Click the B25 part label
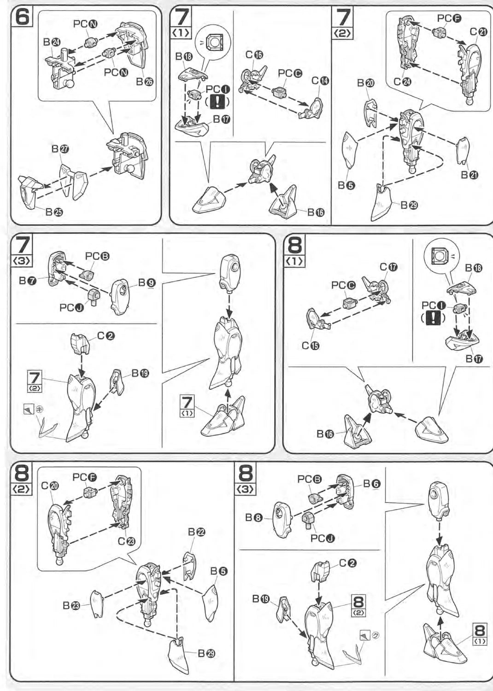point(54,212)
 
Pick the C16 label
point(254,55)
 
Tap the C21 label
point(479,32)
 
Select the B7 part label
point(28,280)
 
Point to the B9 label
point(147,282)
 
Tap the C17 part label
point(388,267)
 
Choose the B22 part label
point(197,532)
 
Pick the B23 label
point(71,605)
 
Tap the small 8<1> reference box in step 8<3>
point(480,633)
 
